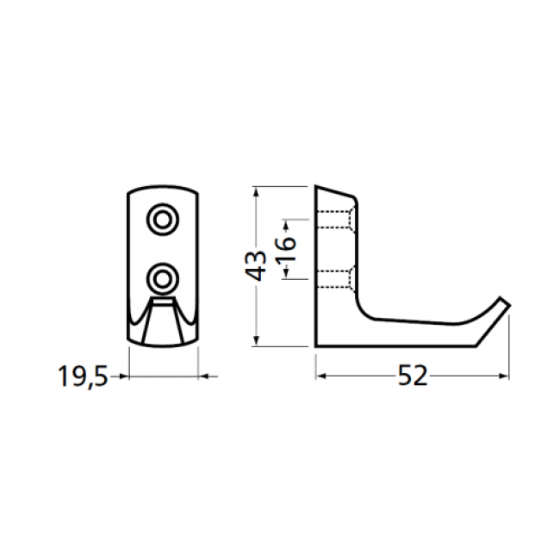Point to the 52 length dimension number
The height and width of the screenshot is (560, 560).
point(413,376)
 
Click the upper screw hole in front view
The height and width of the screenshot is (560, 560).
point(162,220)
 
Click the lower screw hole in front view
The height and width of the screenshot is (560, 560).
point(162,277)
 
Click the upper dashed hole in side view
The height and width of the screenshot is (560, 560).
point(336,221)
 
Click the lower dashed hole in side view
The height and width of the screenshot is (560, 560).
point(336,277)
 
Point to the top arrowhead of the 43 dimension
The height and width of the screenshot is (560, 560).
point(256,190)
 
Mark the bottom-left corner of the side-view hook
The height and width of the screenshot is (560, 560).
point(316,347)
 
